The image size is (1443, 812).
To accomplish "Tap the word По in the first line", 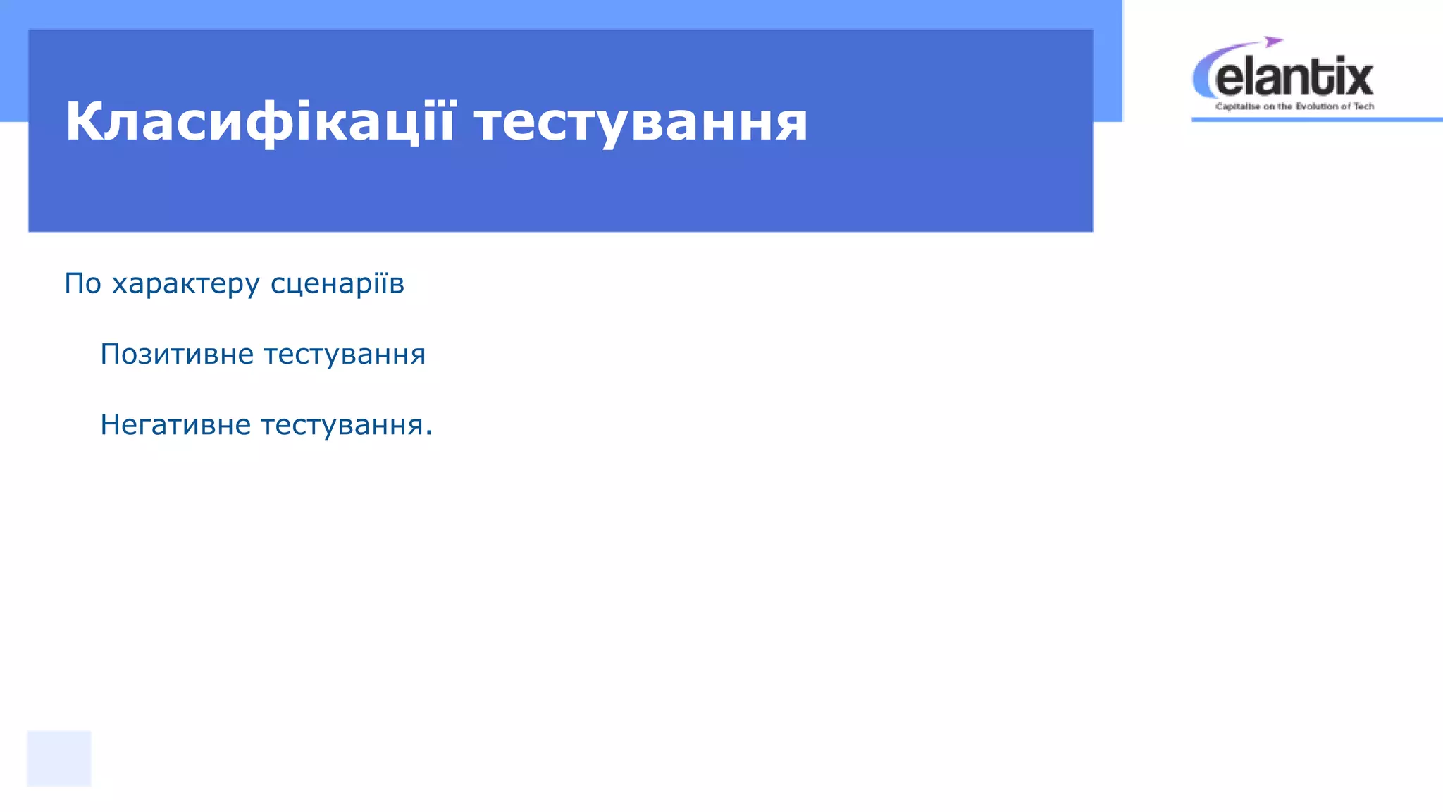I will tap(83, 283).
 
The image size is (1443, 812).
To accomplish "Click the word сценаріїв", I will tap(337, 283).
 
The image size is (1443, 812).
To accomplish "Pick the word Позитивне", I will tap(177, 354).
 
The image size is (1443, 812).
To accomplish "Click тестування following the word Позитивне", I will tap(345, 354).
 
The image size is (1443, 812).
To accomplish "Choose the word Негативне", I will tap(175, 425).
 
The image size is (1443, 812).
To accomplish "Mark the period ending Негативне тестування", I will tap(428, 433).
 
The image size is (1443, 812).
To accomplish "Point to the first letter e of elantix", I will tap(1230, 80).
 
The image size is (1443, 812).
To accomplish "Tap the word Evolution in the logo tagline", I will tap(1316, 106).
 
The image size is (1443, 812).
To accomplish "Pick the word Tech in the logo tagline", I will tap(1364, 106).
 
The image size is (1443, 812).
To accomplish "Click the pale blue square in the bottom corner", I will tap(59, 758).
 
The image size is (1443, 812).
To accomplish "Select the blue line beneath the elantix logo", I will tap(1316, 120).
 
